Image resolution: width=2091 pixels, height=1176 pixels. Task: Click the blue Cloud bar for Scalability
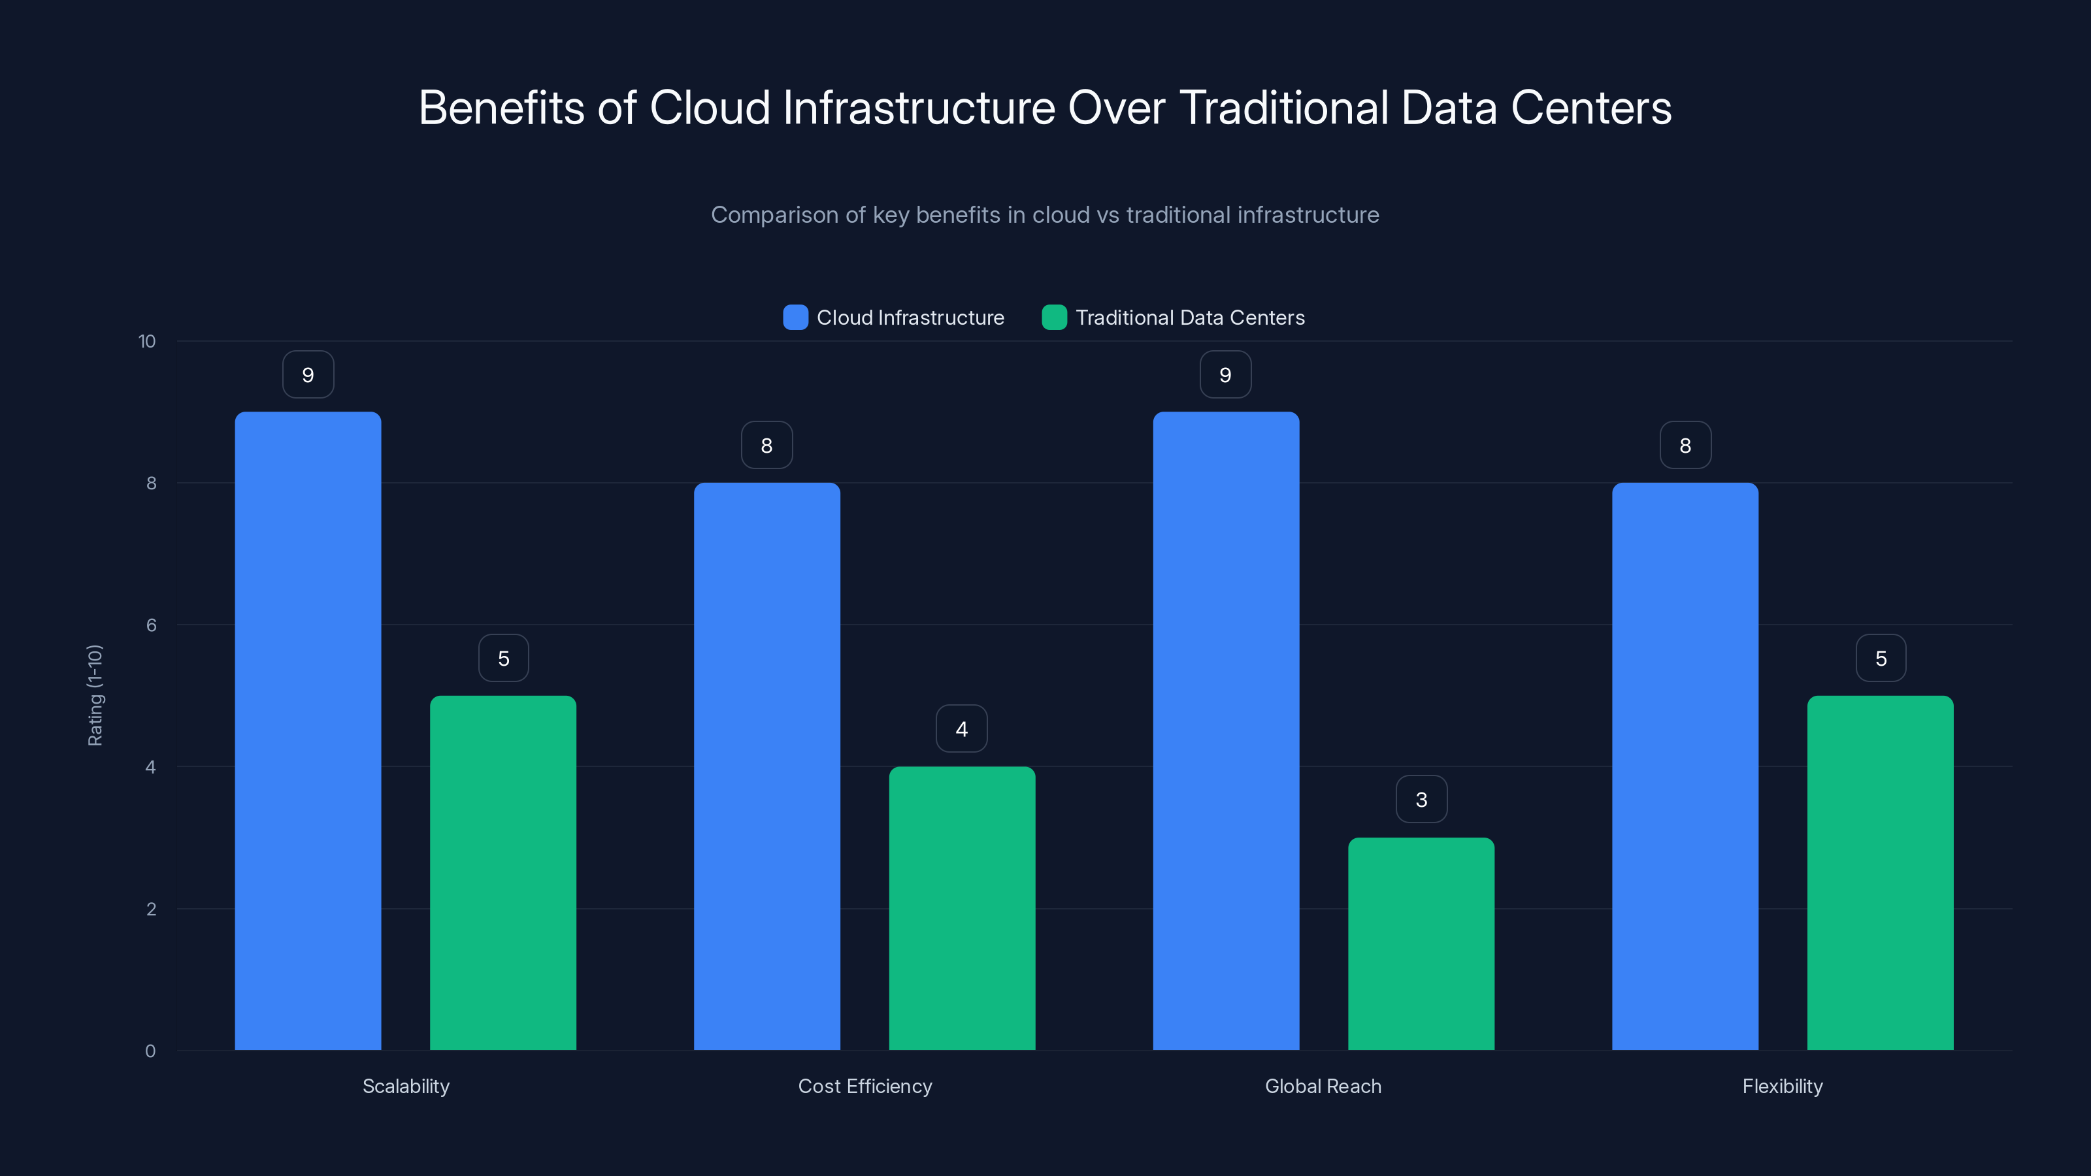pos(308,730)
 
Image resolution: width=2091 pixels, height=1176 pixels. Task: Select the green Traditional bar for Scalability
pos(502,872)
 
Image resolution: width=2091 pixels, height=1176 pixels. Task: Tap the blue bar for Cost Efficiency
pos(766,766)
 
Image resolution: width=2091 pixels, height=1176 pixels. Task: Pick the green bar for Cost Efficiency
pos(962,908)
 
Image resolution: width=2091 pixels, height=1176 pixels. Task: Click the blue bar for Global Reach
pos(1226,730)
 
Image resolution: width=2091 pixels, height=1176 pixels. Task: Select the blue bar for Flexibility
pos(1685,766)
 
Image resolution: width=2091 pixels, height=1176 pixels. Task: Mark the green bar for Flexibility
pos(1880,872)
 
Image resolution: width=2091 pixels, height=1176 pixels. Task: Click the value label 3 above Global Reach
pos(1421,800)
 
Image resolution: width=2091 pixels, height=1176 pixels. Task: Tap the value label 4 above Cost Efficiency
pos(962,729)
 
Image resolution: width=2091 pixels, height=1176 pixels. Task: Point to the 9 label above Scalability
pos(308,375)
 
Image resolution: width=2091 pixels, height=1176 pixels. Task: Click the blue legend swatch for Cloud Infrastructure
pos(795,318)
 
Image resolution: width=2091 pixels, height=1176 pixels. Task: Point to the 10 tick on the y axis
pos(147,342)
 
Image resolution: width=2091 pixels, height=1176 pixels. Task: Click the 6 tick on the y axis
pos(151,625)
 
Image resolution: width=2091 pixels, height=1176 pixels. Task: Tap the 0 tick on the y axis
pos(150,1051)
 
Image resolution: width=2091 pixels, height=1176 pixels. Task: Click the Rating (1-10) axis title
pos(95,696)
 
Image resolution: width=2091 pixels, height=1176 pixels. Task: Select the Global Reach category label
pos(1323,1086)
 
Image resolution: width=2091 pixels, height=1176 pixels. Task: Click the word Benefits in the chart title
pos(501,108)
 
